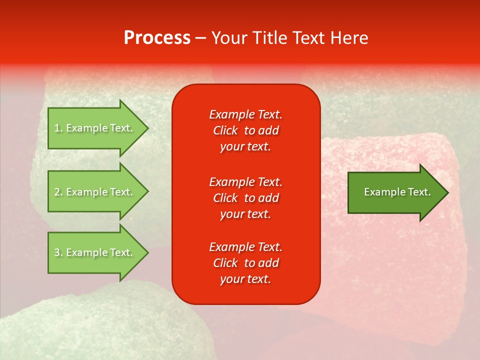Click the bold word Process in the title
(157, 38)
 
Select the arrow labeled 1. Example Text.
(94, 128)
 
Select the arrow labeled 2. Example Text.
(94, 192)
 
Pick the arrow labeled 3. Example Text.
(94, 252)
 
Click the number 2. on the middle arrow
(58, 192)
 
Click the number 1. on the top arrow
(58, 128)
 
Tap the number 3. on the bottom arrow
(58, 252)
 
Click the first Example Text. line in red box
(245, 114)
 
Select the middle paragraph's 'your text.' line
(245, 214)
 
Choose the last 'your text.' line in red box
(245, 279)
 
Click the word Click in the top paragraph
(225, 130)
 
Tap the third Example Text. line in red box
(245, 247)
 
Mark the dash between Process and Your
(200, 38)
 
